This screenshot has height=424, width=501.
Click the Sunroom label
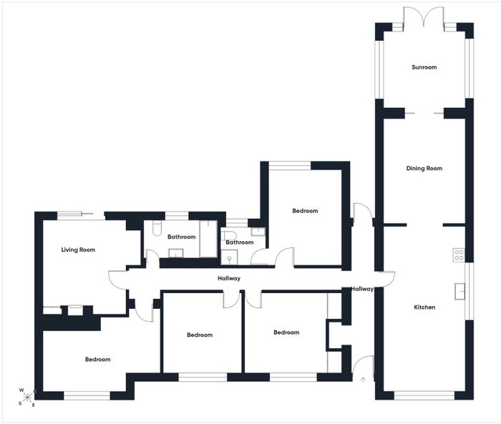coord(424,67)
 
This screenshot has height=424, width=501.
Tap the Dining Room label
coord(424,168)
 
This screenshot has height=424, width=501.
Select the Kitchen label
coord(424,307)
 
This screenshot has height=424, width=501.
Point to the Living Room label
coord(78,250)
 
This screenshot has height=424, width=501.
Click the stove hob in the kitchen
coord(459,255)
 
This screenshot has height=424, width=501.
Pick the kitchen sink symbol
coord(459,291)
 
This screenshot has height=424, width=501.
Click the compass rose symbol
coord(27,397)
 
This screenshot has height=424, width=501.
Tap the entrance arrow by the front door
coord(363,380)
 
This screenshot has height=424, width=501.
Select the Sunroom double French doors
coord(424,18)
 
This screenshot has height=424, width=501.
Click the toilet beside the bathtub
coord(157,228)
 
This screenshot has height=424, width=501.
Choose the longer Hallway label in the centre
coord(229,278)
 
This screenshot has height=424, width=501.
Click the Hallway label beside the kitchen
coord(362,289)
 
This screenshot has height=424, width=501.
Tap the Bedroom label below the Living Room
coord(98,359)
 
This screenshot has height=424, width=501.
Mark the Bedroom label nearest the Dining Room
coord(305,211)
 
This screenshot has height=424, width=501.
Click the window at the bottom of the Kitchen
coord(424,395)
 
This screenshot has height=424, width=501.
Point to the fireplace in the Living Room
coord(75,310)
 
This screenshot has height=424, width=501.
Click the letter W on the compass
coord(21,390)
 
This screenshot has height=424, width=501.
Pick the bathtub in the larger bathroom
coord(209,239)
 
